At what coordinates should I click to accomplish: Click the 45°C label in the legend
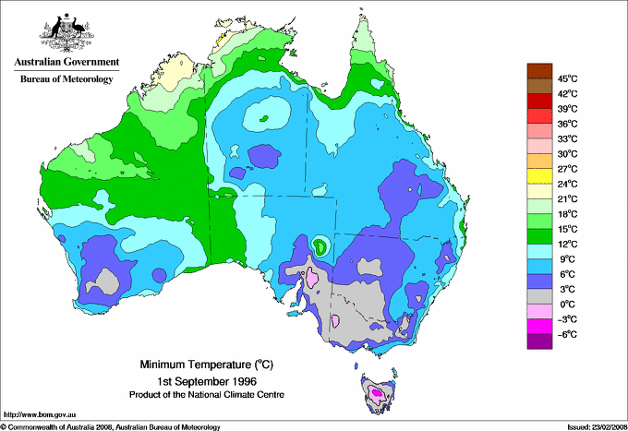tap(565, 78)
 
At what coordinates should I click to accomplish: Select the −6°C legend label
tap(565, 334)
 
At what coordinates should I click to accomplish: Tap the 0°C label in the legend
tap(565, 304)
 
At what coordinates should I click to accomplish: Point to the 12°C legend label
tap(565, 244)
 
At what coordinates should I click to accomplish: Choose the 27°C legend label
tap(565, 169)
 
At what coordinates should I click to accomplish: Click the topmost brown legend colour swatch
tap(537, 70)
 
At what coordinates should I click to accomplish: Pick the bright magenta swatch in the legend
tap(537, 326)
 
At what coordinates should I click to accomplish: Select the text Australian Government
tap(66, 63)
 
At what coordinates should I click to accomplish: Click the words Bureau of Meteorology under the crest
tap(66, 79)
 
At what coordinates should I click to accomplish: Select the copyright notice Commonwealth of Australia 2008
tap(111, 425)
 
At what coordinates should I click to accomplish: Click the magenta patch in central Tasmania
tap(377, 394)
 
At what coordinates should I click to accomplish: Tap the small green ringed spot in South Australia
tap(320, 245)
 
